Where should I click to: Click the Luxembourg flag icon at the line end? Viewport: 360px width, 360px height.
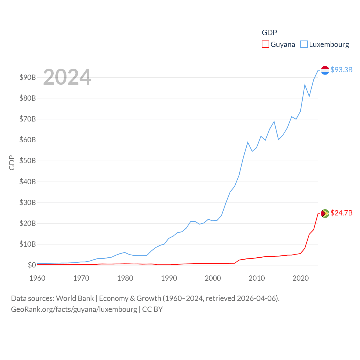(x=325, y=70)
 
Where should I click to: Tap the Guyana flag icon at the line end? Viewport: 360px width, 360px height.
(x=325, y=213)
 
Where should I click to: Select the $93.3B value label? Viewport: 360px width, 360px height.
(x=341, y=70)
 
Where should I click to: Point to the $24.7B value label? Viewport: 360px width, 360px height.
(x=341, y=213)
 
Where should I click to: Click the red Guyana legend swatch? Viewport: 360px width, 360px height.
(x=265, y=44)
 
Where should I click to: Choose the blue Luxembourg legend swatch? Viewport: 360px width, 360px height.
(x=304, y=44)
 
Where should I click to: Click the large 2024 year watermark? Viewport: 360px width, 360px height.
(x=67, y=77)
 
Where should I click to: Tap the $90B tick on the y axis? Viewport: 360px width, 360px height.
(x=28, y=77)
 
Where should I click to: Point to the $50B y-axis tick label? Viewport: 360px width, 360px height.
(x=28, y=161)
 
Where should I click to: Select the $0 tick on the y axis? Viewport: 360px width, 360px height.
(x=32, y=265)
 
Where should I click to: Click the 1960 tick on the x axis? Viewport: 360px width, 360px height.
(x=37, y=278)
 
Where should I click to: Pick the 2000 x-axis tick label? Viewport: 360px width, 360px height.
(x=213, y=278)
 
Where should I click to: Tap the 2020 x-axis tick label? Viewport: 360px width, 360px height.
(x=301, y=278)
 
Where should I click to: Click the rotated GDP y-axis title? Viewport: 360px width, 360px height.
(x=12, y=163)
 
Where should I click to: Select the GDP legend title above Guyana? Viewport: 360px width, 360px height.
(x=269, y=33)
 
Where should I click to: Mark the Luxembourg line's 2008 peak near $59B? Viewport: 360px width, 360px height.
(x=248, y=142)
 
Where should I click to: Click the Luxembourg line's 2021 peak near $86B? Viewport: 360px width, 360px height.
(x=305, y=85)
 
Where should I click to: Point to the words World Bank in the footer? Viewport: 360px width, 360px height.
(x=75, y=298)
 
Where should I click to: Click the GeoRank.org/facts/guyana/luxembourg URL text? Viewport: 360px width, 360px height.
(x=74, y=309)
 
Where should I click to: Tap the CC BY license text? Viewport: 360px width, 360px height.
(x=152, y=309)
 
